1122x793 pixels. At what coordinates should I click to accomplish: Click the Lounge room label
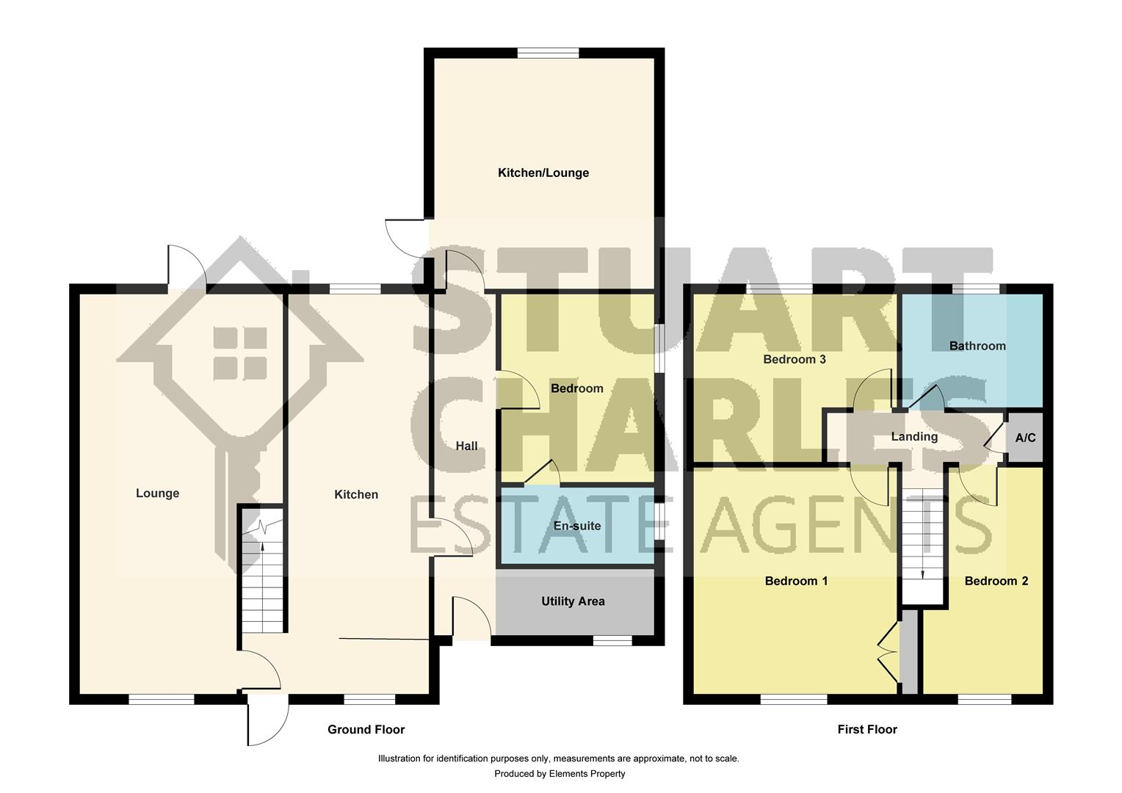[x=157, y=493]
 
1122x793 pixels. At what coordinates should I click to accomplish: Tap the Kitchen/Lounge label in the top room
[x=543, y=173]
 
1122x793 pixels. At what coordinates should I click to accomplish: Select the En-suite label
[x=577, y=526]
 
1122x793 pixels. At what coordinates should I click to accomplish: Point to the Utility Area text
[x=573, y=601]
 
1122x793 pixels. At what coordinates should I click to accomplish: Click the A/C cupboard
[x=1025, y=438]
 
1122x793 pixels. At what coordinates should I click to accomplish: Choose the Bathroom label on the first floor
[x=977, y=346]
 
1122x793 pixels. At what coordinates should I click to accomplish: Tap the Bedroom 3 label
[x=795, y=359]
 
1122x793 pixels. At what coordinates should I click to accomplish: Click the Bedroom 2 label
[x=996, y=581]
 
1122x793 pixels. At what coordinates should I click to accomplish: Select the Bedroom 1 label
[x=796, y=581]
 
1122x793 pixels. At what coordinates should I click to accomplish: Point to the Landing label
[x=914, y=437]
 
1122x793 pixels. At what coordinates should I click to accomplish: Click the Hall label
[x=466, y=446]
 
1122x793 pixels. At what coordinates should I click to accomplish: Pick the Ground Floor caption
[x=366, y=729]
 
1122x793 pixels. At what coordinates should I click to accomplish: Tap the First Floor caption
[x=867, y=729]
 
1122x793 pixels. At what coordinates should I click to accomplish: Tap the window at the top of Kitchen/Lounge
[x=548, y=53]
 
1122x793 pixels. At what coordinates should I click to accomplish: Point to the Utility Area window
[x=612, y=641]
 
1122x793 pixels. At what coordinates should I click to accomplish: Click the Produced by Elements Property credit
[x=560, y=773]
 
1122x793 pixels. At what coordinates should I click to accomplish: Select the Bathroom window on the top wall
[x=976, y=289]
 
